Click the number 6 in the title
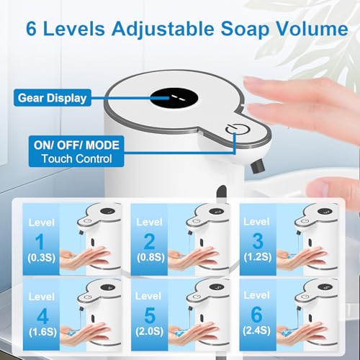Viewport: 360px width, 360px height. [x=34, y=30]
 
